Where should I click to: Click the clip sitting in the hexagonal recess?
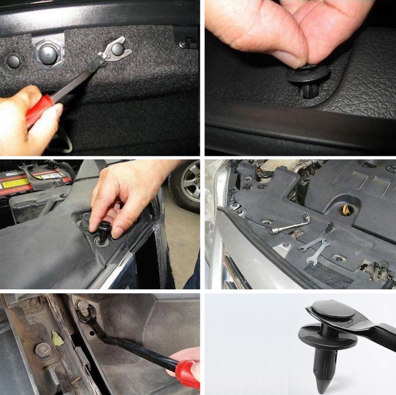coord(49,53)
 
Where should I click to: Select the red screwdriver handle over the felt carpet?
coord(39,109)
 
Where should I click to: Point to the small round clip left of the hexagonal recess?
coord(13,61)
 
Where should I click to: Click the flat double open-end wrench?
coord(315,247)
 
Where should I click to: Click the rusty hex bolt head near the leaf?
coord(42,351)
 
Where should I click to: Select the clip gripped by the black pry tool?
coord(83,308)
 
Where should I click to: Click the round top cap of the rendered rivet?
coord(333,310)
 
